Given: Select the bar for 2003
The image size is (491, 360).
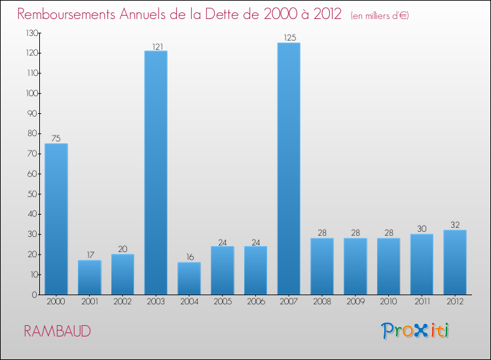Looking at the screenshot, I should click(x=156, y=173).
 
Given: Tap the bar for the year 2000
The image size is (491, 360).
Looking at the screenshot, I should click(x=56, y=219).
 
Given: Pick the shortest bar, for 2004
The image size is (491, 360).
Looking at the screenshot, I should click(x=189, y=278).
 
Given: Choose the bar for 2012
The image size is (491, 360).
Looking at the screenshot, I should click(x=455, y=262).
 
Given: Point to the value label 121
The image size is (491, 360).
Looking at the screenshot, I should click(x=156, y=46).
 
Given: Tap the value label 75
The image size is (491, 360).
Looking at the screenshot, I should click(x=56, y=139).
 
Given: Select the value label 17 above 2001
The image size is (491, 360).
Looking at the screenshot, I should click(x=89, y=255).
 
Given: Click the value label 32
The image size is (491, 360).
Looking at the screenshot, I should click(x=455, y=225).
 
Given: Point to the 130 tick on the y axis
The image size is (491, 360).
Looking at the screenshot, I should click(x=30, y=33).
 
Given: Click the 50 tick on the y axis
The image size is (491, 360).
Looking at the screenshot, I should click(x=31, y=194).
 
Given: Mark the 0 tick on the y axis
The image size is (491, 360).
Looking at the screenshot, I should click(x=33, y=295).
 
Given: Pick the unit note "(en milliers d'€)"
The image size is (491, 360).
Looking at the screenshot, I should click(x=380, y=15).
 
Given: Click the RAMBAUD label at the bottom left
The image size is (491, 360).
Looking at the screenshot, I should click(x=57, y=331).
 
